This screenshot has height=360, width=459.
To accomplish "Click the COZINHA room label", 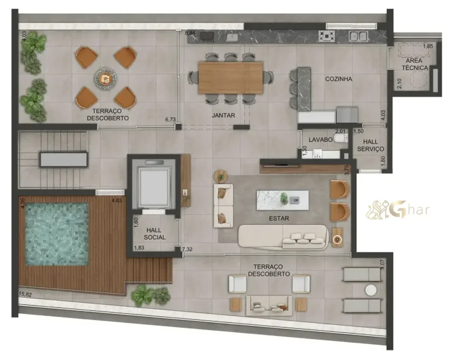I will click(338, 79).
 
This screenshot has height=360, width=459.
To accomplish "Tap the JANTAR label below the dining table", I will click(223, 115).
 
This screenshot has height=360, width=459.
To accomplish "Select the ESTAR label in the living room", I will click(279, 219).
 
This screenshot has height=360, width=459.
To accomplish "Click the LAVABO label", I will click(320, 140).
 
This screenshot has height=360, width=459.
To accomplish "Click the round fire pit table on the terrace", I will click(106, 77).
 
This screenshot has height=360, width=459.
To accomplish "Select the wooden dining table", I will click(231, 78).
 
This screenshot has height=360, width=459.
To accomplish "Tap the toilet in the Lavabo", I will click(339, 139).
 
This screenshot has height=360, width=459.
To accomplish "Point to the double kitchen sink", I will click(359, 36).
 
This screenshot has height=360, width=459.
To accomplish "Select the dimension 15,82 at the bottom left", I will click(25, 294).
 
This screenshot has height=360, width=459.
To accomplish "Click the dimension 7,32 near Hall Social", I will click(187, 249).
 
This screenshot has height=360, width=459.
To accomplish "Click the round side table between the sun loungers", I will click(371, 290).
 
